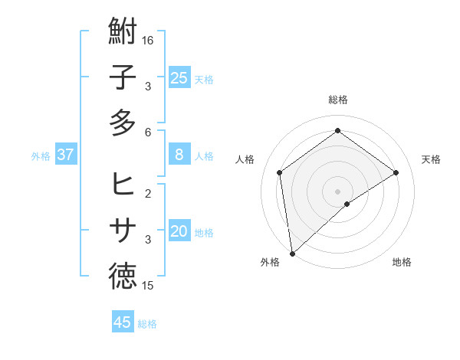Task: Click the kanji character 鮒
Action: tap(123, 31)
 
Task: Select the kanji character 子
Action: tap(123, 77)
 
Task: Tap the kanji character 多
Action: tap(123, 123)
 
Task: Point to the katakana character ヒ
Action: tap(123, 185)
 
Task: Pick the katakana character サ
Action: tap(123, 230)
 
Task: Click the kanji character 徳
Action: tap(123, 277)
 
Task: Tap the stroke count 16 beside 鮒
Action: tap(149, 40)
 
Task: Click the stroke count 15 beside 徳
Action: tap(149, 286)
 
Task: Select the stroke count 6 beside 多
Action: tap(149, 132)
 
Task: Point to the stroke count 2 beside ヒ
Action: tap(149, 193)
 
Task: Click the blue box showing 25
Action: tap(179, 77)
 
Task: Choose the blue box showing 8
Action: tap(179, 155)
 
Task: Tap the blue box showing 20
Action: tap(179, 231)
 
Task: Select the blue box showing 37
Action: tap(66, 155)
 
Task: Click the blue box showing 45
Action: tap(123, 322)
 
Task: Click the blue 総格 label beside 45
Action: tap(147, 324)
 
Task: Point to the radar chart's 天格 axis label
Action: tap(432, 159)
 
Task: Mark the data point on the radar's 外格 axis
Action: tap(292, 253)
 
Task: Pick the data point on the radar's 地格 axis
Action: tap(347, 204)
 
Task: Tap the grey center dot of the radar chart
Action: tap(337, 190)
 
